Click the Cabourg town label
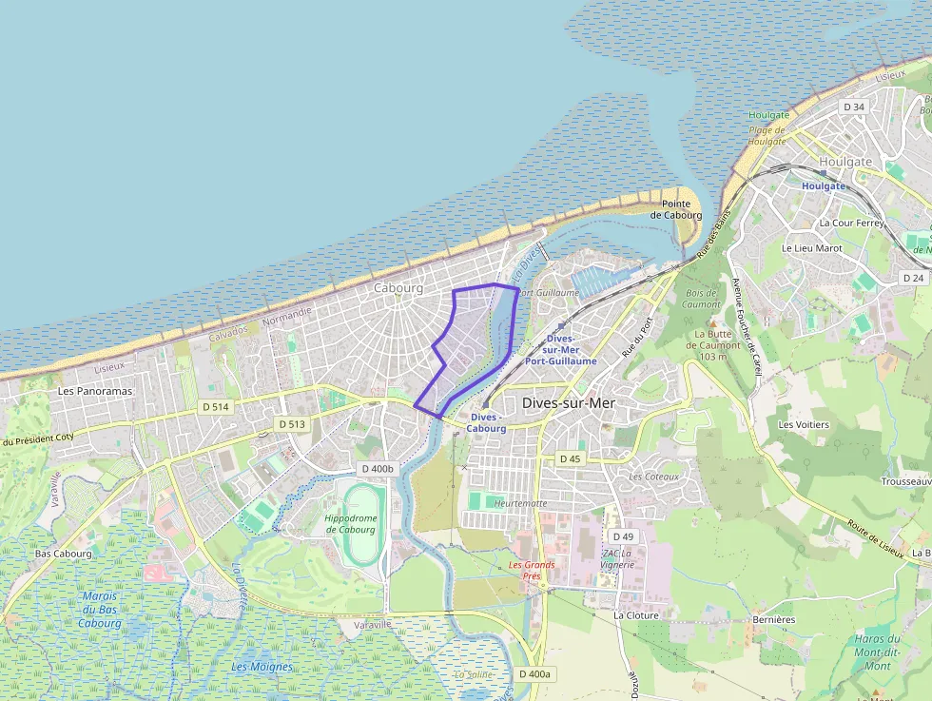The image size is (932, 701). pos(398,287)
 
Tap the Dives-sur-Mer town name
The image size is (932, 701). pos(569,403)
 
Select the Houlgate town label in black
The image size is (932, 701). pos(845,162)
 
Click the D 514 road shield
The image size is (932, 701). pos(216,406)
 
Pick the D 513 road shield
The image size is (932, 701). pos(291,423)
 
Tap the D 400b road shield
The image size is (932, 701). pos(377,469)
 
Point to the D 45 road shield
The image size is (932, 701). pos(570,458)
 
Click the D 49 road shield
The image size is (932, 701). pos(622,536)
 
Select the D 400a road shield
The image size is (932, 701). pos(534,673)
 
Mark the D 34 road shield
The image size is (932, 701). pos(854,107)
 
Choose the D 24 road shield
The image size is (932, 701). pos(913,278)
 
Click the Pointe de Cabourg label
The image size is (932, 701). pos(676,209)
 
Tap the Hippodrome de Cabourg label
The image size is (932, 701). pos(350,523)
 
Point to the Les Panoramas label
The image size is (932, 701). pos(95,391)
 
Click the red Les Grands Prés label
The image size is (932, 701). pos(531,570)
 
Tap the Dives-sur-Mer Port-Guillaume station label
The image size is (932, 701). pos(561,350)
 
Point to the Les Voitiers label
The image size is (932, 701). pos(804,424)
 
